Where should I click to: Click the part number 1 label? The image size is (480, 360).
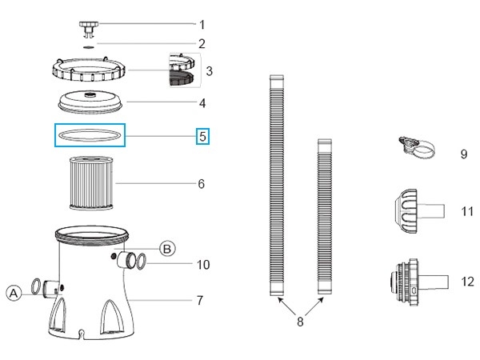pos(202,24)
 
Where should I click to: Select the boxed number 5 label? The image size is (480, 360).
pos(202,136)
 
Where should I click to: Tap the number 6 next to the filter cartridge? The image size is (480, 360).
pos(202,184)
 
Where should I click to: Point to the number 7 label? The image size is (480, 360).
pos(199,301)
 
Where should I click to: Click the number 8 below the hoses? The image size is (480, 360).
pos(300,322)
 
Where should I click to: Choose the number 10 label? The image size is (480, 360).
pos(202,264)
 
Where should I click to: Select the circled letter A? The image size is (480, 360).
pos(14,294)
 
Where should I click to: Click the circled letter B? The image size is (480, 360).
pos(166,248)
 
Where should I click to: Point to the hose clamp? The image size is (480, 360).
pos(416,146)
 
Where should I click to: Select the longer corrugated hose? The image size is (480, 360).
pos(276,184)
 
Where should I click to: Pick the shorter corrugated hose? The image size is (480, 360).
pos(323,216)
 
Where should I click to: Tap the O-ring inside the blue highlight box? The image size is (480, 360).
pos(90,136)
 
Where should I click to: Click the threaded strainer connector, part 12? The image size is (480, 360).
pos(410,282)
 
